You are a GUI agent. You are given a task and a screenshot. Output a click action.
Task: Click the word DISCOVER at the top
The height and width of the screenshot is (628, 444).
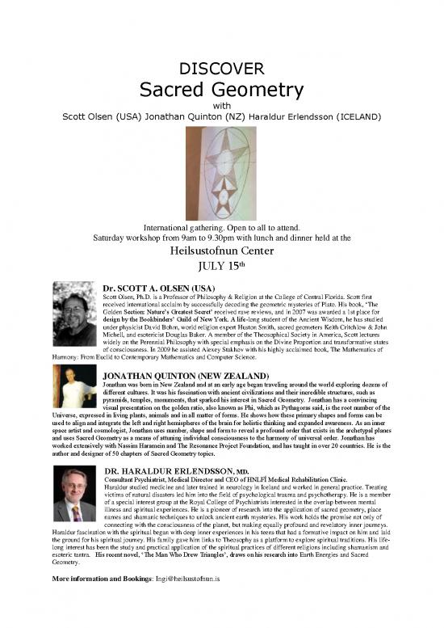[221, 67]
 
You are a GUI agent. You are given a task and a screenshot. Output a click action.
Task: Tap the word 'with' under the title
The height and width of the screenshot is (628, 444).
[221, 104]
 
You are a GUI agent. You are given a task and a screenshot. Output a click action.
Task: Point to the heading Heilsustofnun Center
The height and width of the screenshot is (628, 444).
[221, 251]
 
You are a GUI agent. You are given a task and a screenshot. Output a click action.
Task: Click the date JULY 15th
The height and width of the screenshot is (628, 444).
[221, 268]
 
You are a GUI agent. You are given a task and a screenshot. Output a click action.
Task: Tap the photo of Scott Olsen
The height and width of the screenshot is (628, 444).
[74, 314]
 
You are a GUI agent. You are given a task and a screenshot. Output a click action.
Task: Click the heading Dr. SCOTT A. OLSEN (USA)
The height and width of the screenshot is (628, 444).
[157, 288]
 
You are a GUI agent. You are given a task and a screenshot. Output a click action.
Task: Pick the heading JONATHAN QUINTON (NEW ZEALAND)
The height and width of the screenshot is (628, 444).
[186, 376]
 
